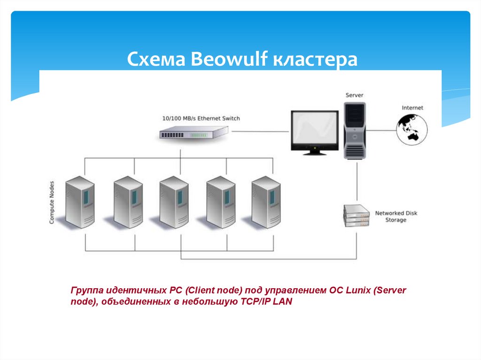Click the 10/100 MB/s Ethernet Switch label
pos(201,118)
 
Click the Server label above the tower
pos(354,95)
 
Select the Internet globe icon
pos(411,129)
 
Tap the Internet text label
pos(412,108)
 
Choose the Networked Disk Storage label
pos(396,216)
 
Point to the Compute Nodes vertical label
pos(52,202)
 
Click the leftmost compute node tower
pos(80,202)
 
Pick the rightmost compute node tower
pos(266,202)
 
